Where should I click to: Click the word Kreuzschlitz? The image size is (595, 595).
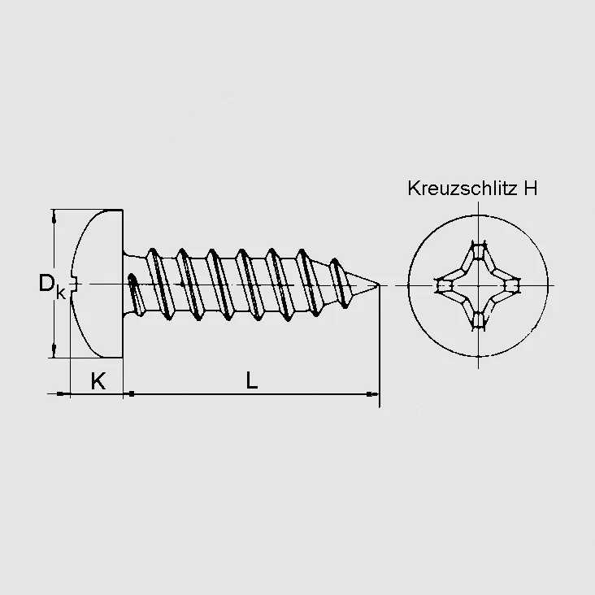463,189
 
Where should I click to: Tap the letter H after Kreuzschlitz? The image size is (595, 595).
531,189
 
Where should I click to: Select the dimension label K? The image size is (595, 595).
98,380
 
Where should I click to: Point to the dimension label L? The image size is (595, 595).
252,380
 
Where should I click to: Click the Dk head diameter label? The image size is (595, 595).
52,285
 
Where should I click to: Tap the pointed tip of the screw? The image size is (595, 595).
379,284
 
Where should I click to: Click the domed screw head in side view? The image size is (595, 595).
98,284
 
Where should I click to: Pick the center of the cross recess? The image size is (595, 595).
478,285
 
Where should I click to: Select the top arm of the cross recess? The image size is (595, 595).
478,251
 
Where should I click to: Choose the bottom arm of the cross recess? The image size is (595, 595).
478,319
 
